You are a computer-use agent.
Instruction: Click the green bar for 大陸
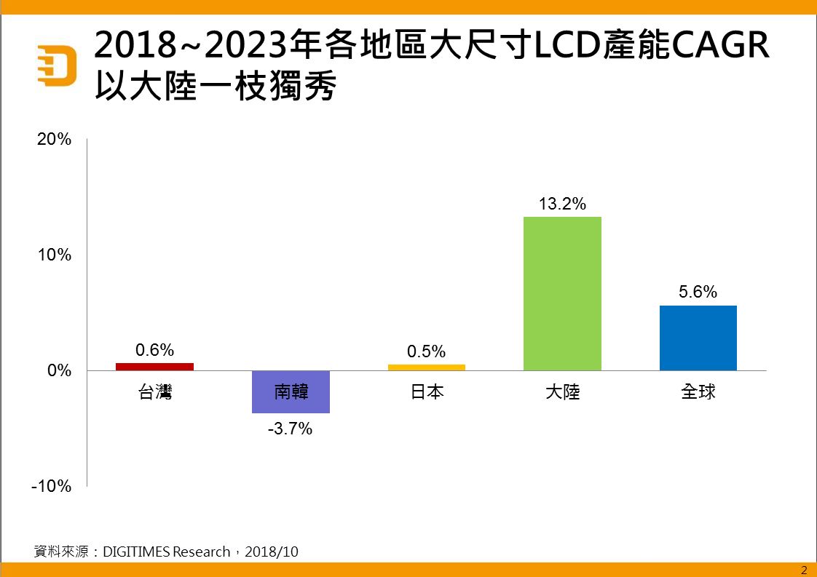pyautogui.click(x=562, y=293)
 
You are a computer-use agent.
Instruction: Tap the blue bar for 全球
pyautogui.click(x=698, y=338)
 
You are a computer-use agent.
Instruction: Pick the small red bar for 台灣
pyautogui.click(x=155, y=367)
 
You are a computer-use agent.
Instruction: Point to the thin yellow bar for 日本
pyautogui.click(x=426, y=367)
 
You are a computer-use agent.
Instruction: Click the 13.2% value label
pyautogui.click(x=562, y=204)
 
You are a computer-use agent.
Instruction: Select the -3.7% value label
pyautogui.click(x=290, y=429)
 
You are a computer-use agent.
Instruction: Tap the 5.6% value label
pyautogui.click(x=698, y=293)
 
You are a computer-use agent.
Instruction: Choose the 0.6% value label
pyautogui.click(x=155, y=350)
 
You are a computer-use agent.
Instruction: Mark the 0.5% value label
pyautogui.click(x=426, y=351)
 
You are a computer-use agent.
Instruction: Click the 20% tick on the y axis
pyautogui.click(x=55, y=140)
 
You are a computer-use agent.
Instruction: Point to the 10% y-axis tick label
pyautogui.click(x=55, y=255)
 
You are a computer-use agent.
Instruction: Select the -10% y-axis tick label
pyautogui.click(x=52, y=486)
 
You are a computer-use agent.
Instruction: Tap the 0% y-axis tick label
pyautogui.click(x=59, y=370)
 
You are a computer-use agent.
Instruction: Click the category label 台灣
pyautogui.click(x=155, y=393)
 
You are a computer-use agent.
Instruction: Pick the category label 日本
pyautogui.click(x=426, y=392)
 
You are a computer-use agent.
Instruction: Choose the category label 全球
pyautogui.click(x=698, y=391)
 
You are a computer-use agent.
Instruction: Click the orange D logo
pyautogui.click(x=57, y=65)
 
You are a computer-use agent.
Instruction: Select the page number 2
pyautogui.click(x=804, y=570)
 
